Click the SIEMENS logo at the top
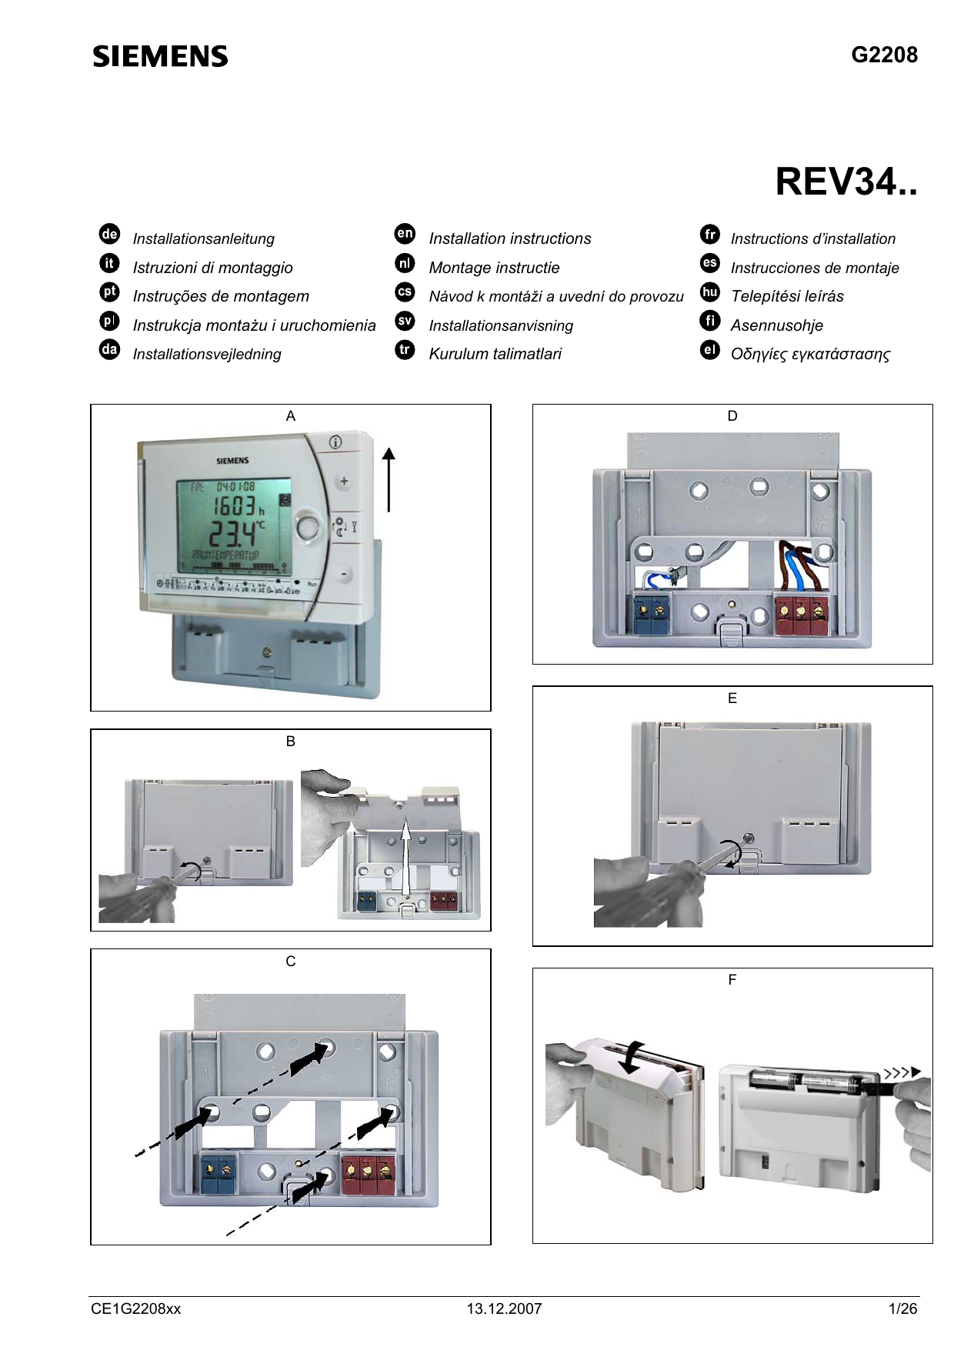[x=160, y=56]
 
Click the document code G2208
[x=884, y=55]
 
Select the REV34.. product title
[x=846, y=182]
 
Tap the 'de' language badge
[x=109, y=234]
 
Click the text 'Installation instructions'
[x=509, y=238]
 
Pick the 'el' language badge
[x=709, y=350]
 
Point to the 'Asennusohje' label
[x=776, y=325]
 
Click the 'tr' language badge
[x=405, y=350]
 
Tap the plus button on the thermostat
[x=344, y=482]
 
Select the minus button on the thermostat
[x=345, y=574]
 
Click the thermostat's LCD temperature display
[x=233, y=527]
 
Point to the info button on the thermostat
[x=335, y=442]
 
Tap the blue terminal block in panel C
[x=218, y=1173]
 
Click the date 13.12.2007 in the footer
[x=504, y=1308]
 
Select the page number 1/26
[x=902, y=1308]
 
